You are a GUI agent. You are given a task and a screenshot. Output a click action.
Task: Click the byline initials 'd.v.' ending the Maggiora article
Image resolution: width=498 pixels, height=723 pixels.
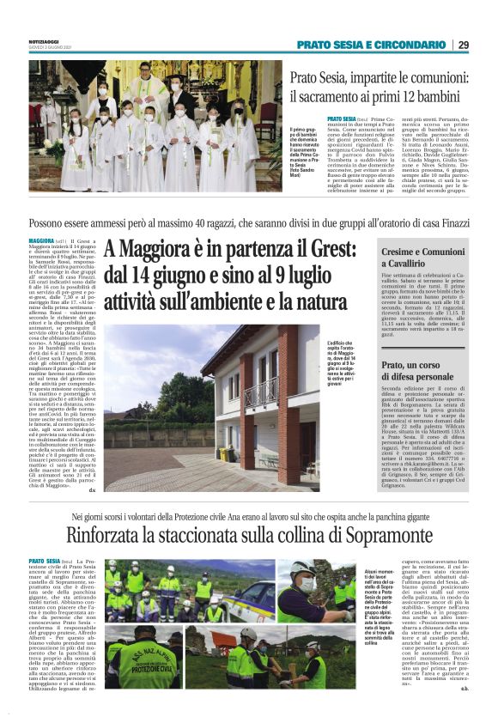click(94, 490)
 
